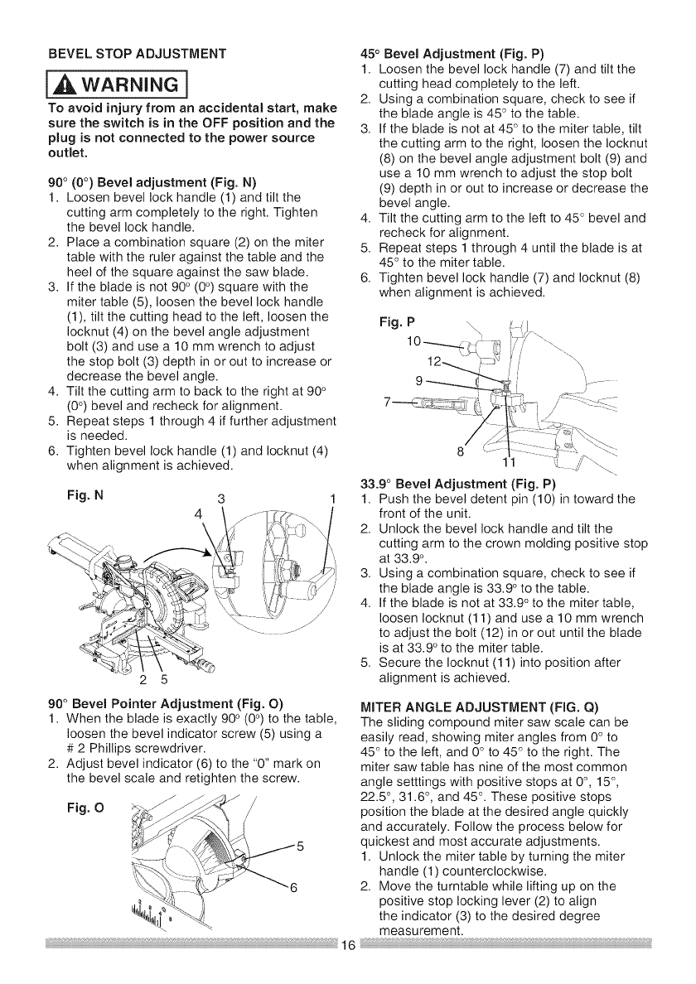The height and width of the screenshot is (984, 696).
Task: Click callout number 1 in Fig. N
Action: (x=331, y=499)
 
